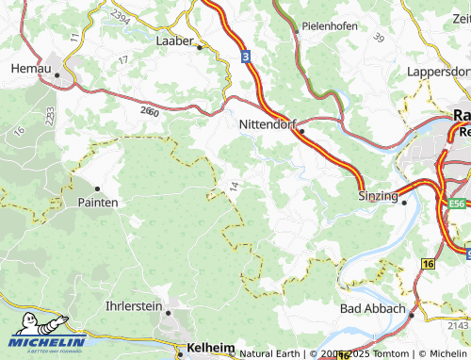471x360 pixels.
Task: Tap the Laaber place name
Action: (x=174, y=41)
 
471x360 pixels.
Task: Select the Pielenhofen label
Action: (x=329, y=26)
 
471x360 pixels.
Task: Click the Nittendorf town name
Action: (x=268, y=123)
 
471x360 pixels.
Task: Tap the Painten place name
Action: (x=97, y=203)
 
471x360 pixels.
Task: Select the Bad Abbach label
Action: (x=372, y=308)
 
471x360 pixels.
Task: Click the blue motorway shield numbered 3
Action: (x=244, y=57)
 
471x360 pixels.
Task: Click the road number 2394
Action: (x=120, y=17)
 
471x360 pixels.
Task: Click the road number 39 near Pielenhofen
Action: (x=379, y=37)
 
